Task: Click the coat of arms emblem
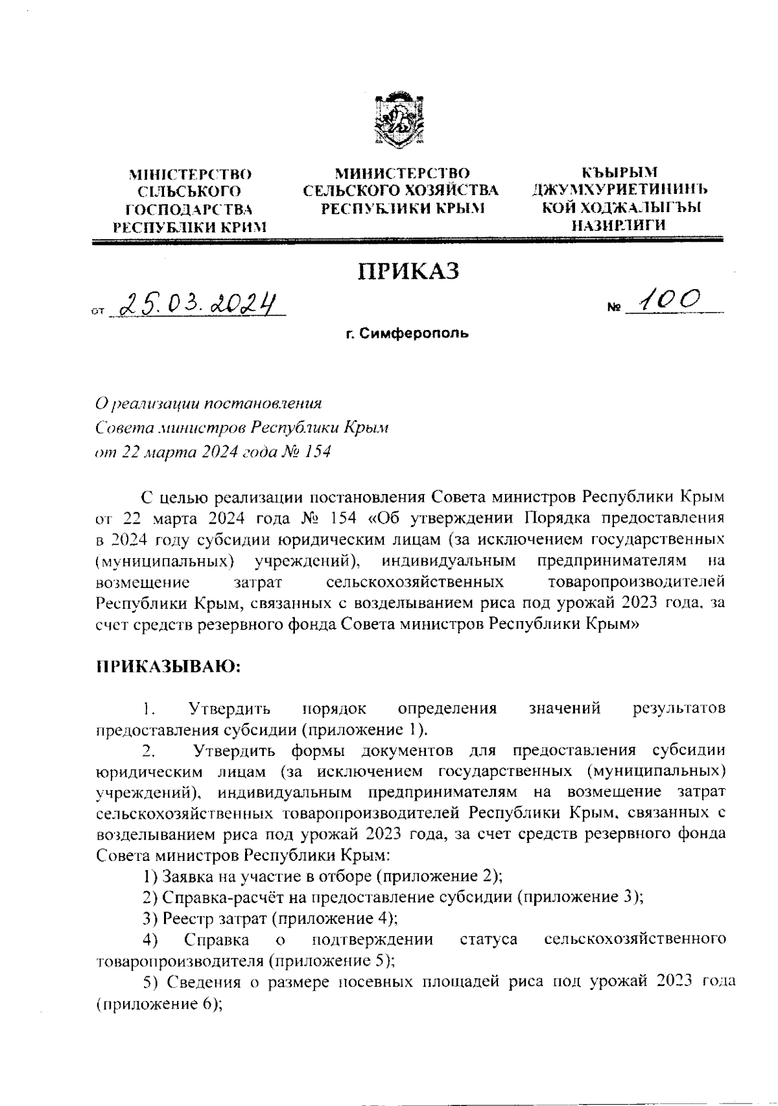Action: pyautogui.click(x=397, y=121)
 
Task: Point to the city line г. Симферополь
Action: pyautogui.click(x=407, y=335)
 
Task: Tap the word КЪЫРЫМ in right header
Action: pyautogui.click(x=619, y=173)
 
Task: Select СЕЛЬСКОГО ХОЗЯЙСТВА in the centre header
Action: pyautogui.click(x=401, y=191)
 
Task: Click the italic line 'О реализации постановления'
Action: pyautogui.click(x=208, y=403)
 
